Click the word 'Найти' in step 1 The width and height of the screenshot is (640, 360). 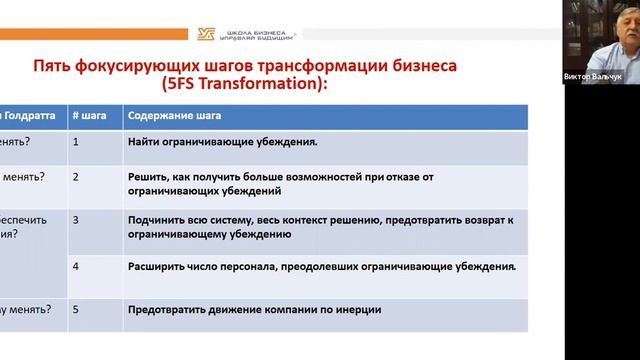click(145, 142)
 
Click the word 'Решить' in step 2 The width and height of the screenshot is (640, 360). click(148, 176)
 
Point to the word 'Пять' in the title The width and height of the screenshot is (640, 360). click(53, 66)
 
